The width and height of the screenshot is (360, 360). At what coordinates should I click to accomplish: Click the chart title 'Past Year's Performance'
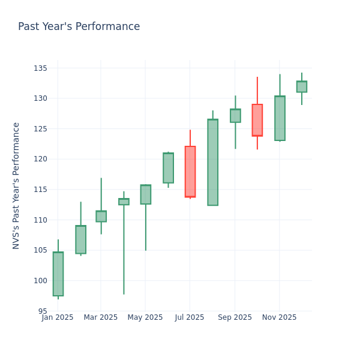click(x=79, y=27)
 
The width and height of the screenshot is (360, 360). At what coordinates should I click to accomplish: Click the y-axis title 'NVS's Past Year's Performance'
click(x=17, y=185)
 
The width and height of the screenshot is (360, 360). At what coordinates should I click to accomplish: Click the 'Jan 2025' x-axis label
click(x=58, y=317)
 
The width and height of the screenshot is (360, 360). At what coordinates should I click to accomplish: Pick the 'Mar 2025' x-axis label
click(x=101, y=317)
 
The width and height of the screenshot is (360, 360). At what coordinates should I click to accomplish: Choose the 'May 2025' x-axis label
click(x=145, y=317)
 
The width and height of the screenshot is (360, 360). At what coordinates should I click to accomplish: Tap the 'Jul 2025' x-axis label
click(x=190, y=317)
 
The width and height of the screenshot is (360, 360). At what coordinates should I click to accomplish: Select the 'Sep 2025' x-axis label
click(x=235, y=317)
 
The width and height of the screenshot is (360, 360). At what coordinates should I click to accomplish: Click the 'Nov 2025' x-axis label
click(x=279, y=317)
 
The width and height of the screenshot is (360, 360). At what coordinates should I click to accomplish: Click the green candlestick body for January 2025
click(x=58, y=274)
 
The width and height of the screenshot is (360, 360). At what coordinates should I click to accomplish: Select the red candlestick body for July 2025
click(x=190, y=172)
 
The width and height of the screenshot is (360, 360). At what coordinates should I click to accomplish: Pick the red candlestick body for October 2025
click(x=257, y=120)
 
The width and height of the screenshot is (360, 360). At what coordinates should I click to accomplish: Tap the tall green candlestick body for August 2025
click(x=212, y=162)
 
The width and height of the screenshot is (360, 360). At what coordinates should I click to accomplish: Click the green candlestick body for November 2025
click(x=280, y=118)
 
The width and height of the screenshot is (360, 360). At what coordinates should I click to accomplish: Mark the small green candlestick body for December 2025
click(x=302, y=86)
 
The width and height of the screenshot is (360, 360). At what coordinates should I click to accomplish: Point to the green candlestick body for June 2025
click(x=168, y=168)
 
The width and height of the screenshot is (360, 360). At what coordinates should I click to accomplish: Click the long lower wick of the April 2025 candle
click(x=124, y=252)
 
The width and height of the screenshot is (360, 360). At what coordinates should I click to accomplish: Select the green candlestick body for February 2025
click(x=80, y=239)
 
